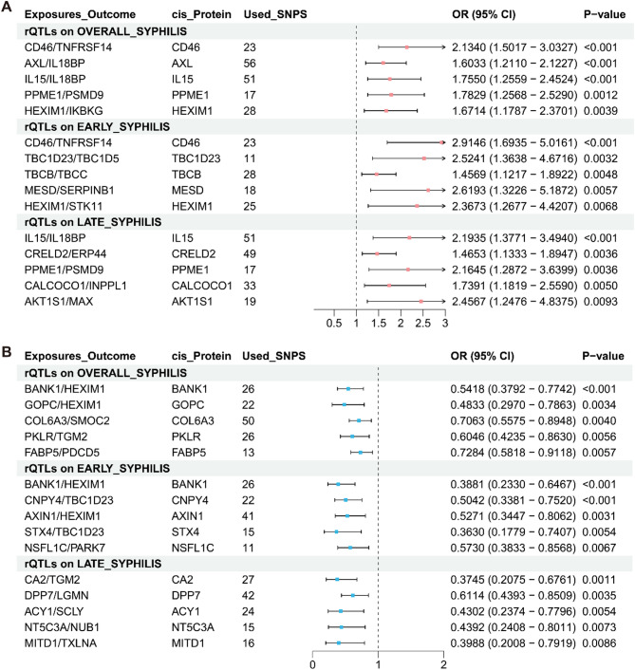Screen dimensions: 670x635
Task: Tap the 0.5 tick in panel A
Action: click(333, 323)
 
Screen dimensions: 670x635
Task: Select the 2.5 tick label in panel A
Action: click(422, 323)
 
